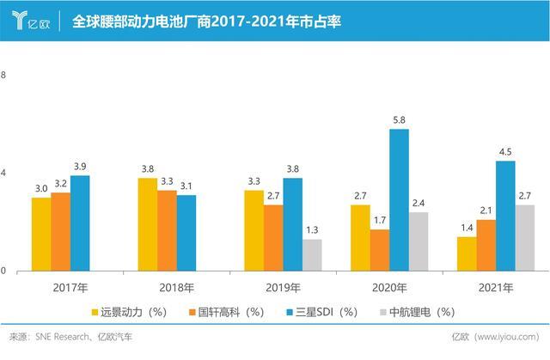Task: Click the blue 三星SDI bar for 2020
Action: coord(399,199)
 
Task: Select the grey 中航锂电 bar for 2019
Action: coord(312,254)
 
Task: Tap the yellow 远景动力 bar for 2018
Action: coord(147,223)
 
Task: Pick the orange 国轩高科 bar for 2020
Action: coord(380,249)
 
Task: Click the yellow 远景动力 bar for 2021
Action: coord(467,253)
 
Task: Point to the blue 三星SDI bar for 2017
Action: coord(80,223)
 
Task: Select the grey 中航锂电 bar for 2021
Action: coord(525,237)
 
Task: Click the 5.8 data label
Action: coord(399,121)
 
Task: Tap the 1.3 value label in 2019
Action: coord(312,230)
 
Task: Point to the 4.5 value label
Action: coord(505,153)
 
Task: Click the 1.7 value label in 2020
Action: coord(380,221)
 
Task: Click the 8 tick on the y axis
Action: coord(3,75)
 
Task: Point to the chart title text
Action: coord(206,20)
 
